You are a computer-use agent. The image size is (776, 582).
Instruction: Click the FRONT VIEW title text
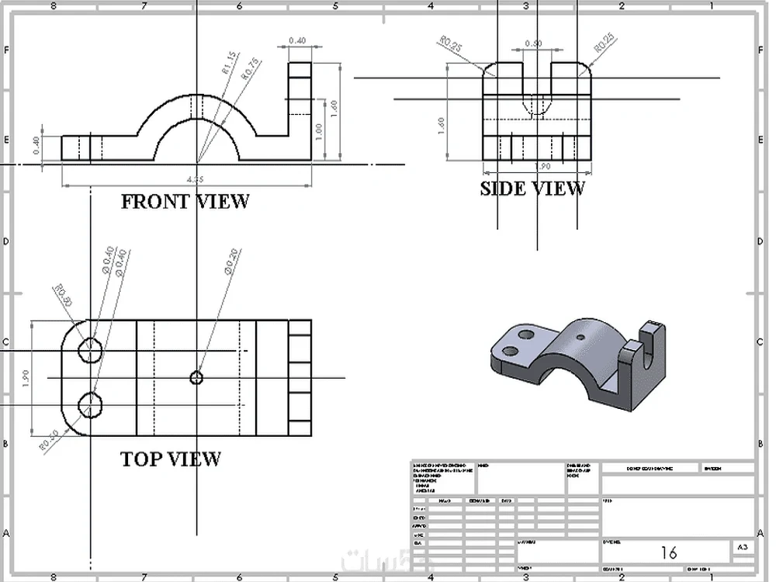(185, 202)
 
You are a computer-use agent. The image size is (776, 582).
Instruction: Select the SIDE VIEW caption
(532, 189)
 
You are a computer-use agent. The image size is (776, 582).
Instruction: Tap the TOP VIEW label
(171, 459)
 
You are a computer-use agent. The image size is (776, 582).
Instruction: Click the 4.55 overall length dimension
(197, 179)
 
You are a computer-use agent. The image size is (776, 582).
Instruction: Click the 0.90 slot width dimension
(533, 44)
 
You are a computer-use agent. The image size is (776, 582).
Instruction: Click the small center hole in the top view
(196, 378)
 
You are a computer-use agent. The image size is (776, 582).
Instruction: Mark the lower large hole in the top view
(92, 404)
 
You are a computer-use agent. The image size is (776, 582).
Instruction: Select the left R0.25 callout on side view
(451, 47)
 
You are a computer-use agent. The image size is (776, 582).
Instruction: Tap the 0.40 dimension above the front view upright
(296, 40)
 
